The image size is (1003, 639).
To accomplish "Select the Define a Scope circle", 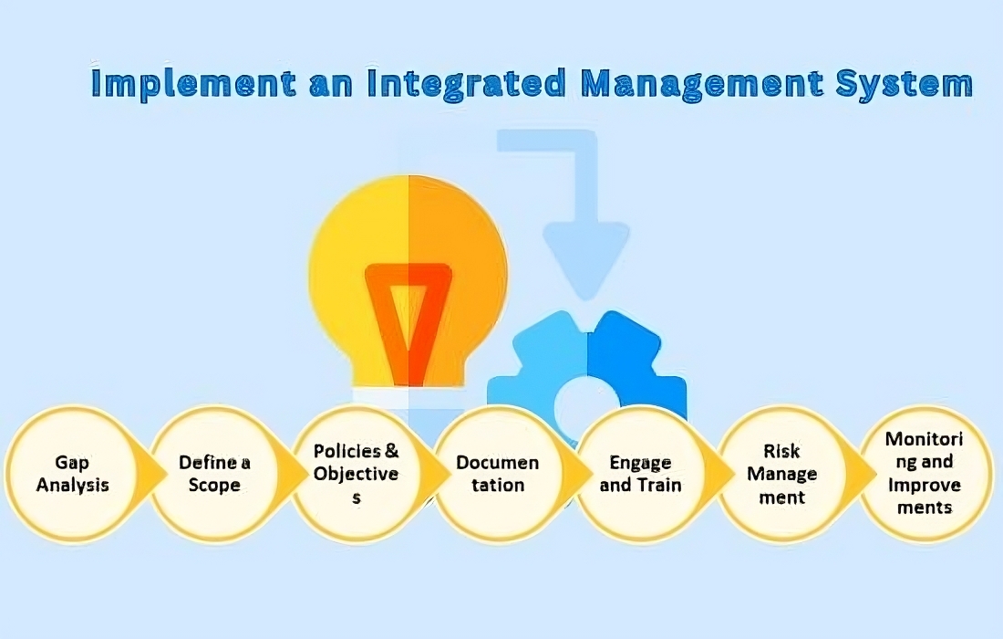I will click(x=215, y=473).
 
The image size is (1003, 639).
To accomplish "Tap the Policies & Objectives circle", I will click(x=357, y=473).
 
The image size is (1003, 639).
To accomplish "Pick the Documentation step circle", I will click(x=498, y=473).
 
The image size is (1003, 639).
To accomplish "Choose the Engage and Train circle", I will click(x=640, y=473).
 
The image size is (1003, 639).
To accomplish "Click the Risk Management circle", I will click(x=782, y=473).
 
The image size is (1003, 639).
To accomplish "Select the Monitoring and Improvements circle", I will click(x=925, y=473).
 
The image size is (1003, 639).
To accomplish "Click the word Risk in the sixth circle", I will click(x=782, y=451).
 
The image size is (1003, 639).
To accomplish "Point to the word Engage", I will click(x=640, y=463).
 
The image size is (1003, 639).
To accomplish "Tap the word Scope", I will click(x=214, y=485).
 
